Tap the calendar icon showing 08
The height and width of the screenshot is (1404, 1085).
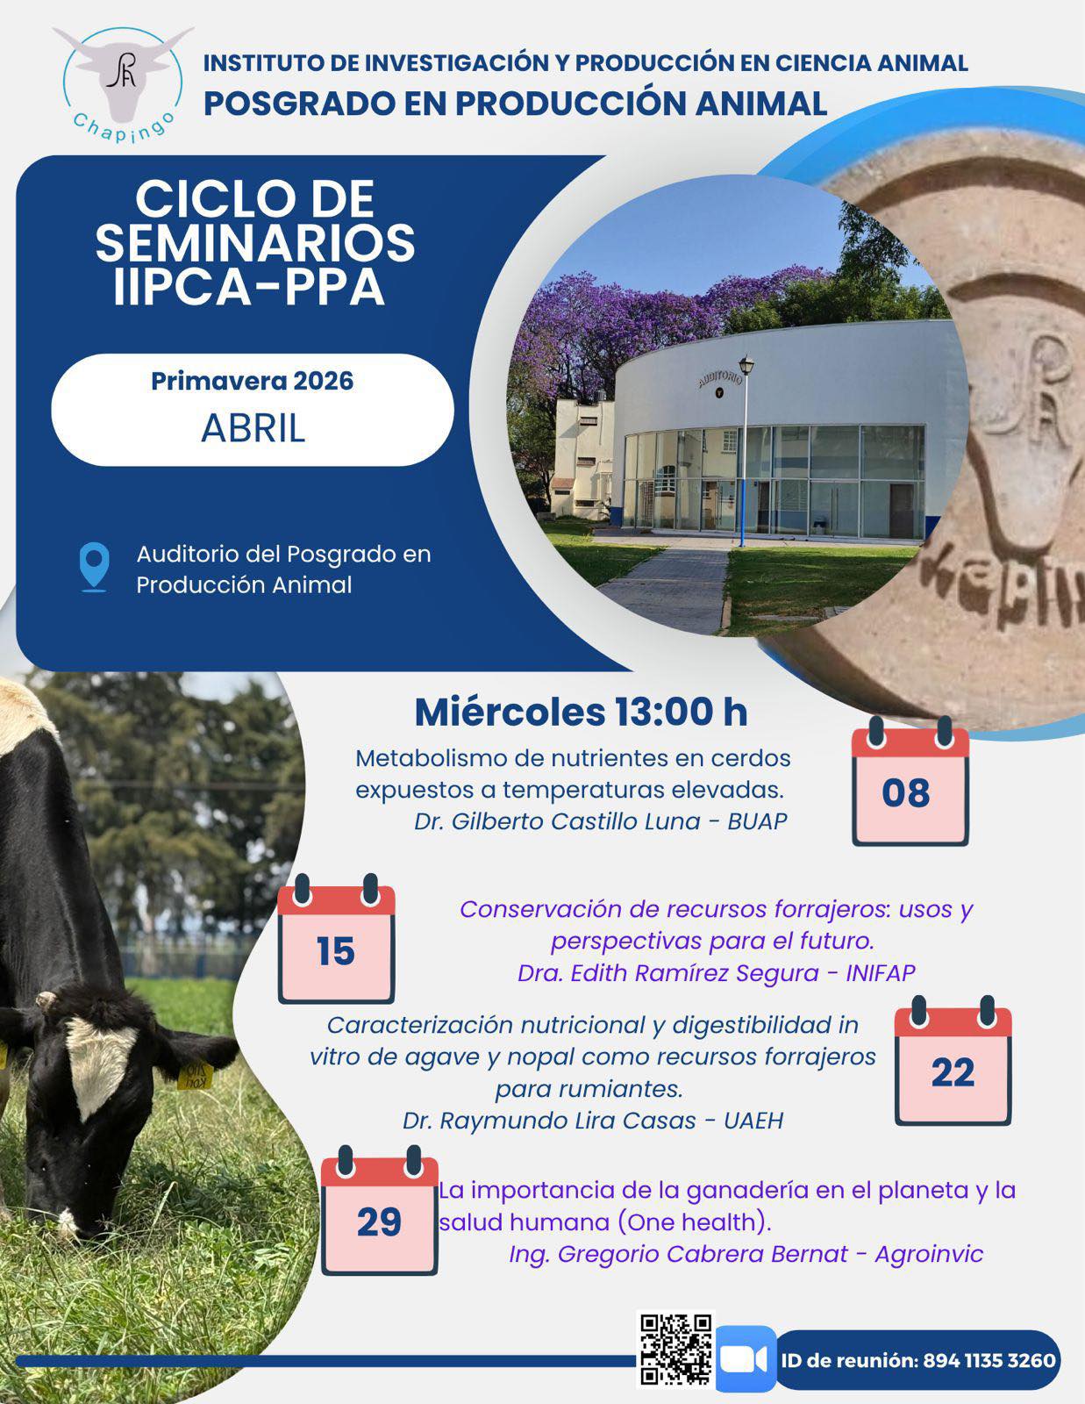910,781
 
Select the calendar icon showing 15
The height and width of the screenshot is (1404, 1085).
336,939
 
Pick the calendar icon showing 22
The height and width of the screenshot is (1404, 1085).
953,1061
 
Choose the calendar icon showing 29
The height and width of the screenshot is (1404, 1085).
379,1210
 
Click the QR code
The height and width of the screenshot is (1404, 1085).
675,1350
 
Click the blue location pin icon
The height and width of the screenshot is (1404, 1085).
95,567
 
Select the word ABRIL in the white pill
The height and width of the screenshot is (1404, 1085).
253,427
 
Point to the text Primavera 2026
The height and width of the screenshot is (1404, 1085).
253,381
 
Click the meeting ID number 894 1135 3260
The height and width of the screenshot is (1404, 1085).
989,1360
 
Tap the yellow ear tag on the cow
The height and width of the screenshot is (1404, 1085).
195,1074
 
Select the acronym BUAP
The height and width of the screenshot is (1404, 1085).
757,821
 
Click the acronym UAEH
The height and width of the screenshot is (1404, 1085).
753,1121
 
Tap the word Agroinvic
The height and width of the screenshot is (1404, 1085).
929,1254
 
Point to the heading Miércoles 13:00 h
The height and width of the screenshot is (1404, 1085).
581,712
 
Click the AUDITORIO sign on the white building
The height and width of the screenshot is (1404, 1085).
719,378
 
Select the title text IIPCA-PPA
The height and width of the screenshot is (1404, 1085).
248,287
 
